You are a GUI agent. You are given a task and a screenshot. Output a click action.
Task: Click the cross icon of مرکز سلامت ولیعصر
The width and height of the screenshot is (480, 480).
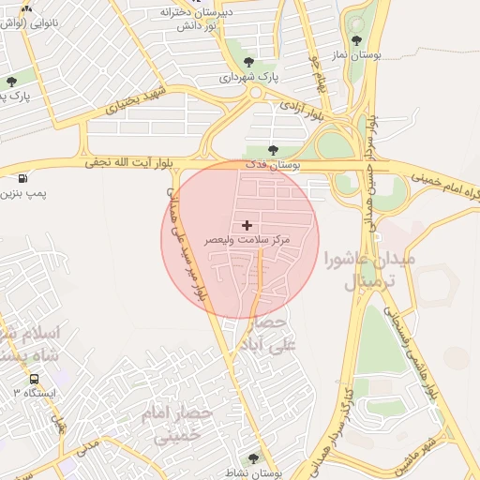247,225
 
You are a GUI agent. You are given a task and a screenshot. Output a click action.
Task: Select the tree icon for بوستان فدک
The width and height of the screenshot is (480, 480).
273,149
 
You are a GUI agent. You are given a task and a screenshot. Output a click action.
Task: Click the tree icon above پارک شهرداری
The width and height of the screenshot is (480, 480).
248,62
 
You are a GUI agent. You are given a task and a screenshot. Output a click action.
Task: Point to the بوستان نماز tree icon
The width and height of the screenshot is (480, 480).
356,39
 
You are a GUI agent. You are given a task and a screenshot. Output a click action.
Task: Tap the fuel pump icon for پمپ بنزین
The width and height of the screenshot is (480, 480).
22,177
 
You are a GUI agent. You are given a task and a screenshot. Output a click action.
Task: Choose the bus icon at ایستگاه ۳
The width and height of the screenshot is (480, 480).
35,380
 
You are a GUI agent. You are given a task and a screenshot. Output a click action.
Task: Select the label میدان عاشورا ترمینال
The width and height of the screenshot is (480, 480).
354,268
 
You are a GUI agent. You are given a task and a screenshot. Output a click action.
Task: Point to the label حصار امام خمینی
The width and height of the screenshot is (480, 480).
178,423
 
